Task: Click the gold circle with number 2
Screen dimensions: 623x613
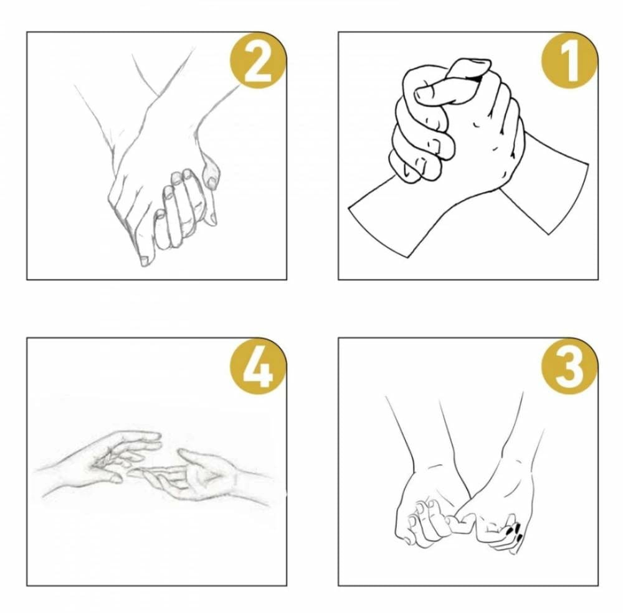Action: [259, 59]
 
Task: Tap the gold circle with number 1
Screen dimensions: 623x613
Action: [570, 59]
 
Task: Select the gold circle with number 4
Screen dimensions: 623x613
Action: [259, 366]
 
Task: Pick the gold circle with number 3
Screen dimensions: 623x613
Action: [570, 366]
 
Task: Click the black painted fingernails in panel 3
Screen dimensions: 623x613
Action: [515, 531]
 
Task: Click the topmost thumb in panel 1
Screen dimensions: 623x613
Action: [453, 85]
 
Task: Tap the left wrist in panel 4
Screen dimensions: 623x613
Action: [60, 477]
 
